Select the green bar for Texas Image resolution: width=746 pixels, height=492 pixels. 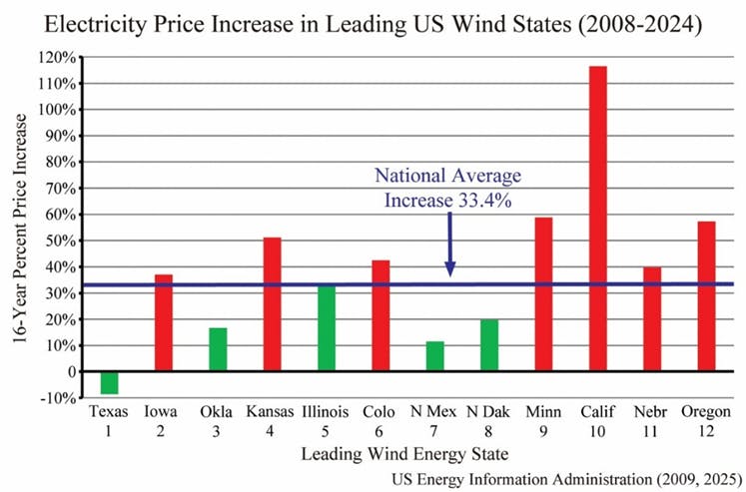click(x=109, y=382)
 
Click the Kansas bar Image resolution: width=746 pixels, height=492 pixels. click(x=272, y=303)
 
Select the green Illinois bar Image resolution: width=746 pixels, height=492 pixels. click(x=327, y=327)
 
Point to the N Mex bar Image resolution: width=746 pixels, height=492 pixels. click(x=434, y=356)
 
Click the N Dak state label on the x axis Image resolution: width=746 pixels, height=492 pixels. click(x=488, y=411)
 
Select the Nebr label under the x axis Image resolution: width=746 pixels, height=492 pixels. click(x=651, y=411)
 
